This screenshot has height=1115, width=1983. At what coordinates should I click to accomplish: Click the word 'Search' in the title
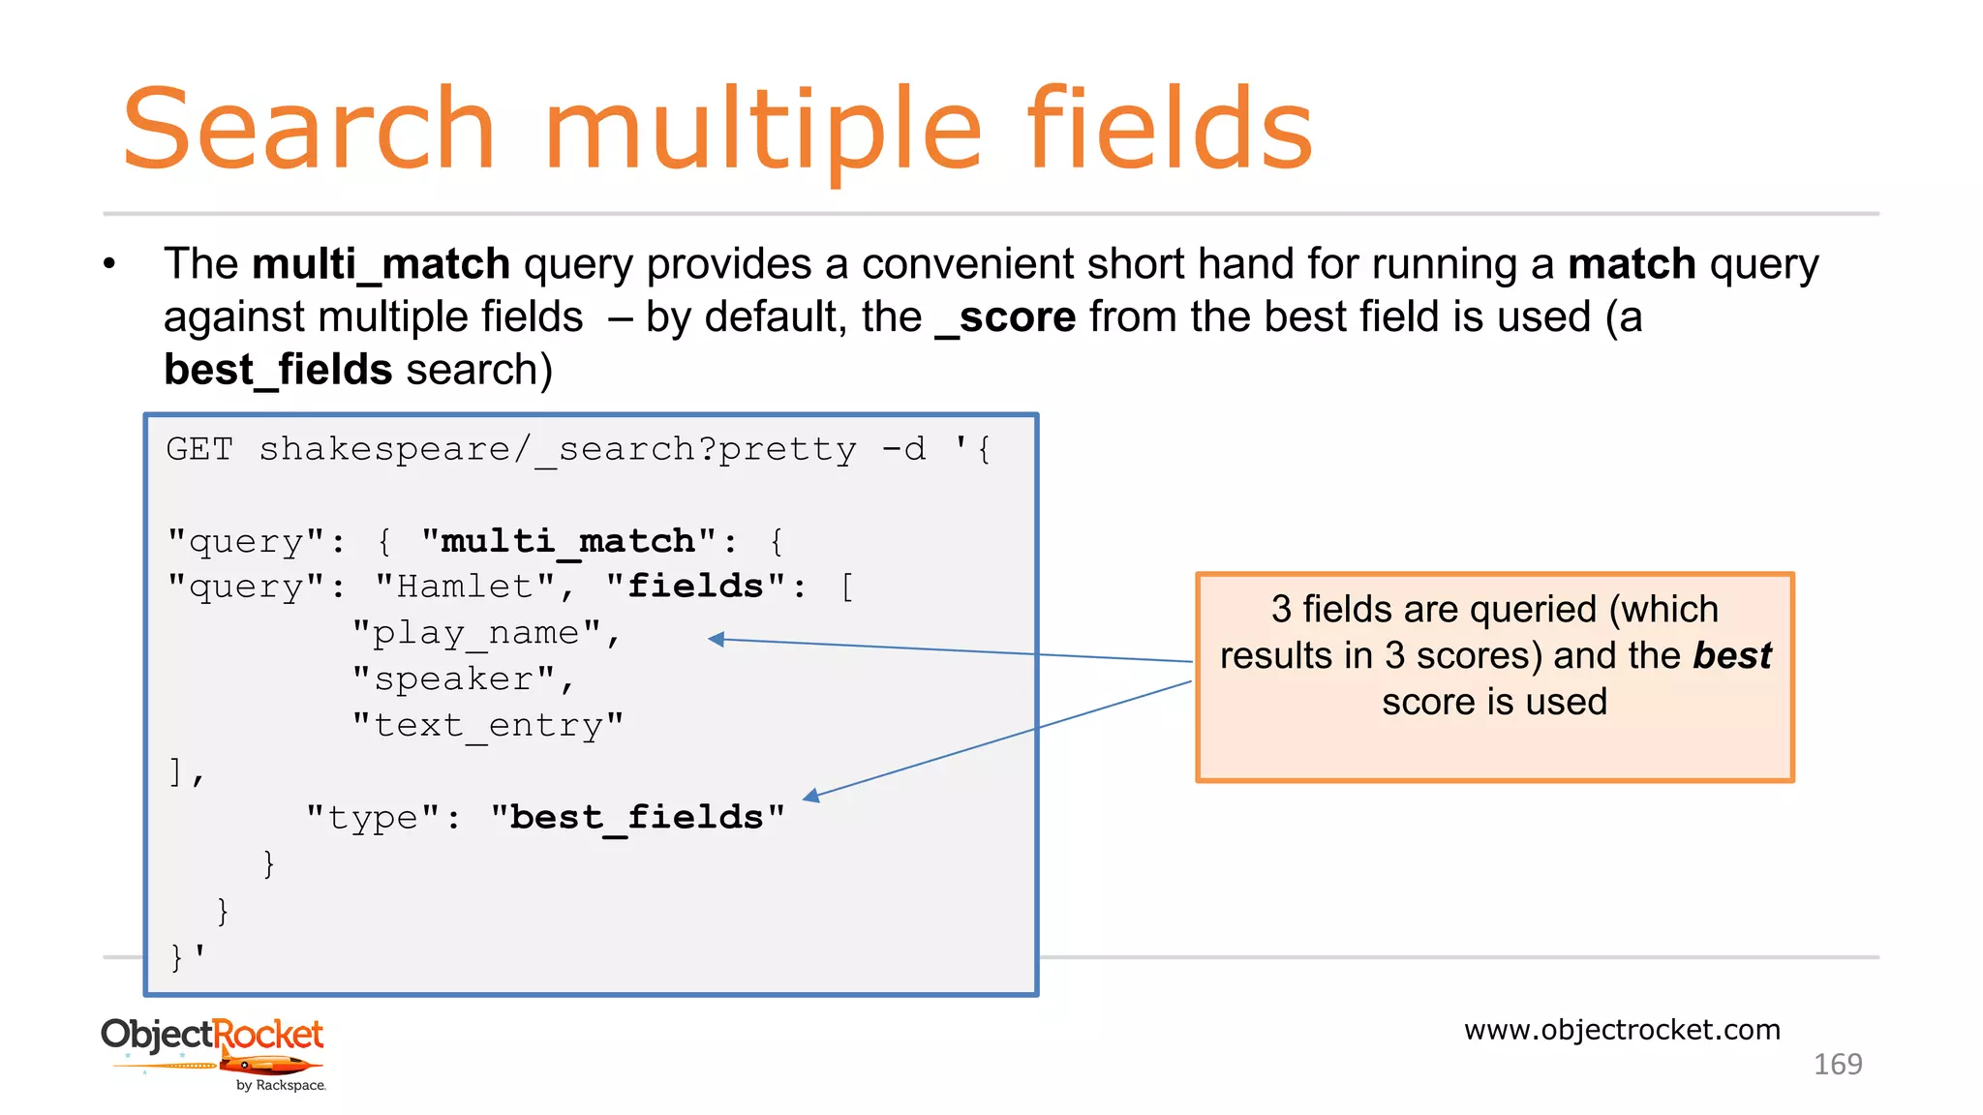pyautogui.click(x=308, y=130)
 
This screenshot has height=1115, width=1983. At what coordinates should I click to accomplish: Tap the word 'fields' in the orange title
pyautogui.click(x=1169, y=130)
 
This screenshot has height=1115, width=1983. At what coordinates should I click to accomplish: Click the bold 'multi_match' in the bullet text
pyautogui.click(x=381, y=264)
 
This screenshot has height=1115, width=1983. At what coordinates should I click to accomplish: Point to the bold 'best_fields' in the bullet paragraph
pyautogui.click(x=278, y=371)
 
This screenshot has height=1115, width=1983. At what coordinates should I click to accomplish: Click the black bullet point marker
pyautogui.click(x=109, y=264)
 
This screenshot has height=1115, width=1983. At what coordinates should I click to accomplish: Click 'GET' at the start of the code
pyautogui.click(x=199, y=449)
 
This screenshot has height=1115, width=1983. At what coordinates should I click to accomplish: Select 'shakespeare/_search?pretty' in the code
pyautogui.click(x=557, y=449)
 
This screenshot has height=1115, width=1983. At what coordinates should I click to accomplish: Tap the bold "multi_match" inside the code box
pyautogui.click(x=568, y=541)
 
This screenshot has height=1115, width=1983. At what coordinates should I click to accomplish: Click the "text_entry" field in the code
pyautogui.click(x=487, y=725)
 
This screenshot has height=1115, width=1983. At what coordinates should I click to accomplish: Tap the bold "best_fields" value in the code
pyautogui.click(x=637, y=818)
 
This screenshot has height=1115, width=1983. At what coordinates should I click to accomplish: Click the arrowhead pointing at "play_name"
pyautogui.click(x=717, y=639)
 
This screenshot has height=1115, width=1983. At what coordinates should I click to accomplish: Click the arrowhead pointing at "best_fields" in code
pyautogui.click(x=811, y=796)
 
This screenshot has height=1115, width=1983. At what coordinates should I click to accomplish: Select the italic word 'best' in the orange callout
pyautogui.click(x=1731, y=655)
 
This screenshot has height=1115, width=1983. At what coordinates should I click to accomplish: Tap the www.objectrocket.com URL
pyautogui.click(x=1622, y=1029)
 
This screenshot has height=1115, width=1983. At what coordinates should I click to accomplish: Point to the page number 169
pyautogui.click(x=1837, y=1064)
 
